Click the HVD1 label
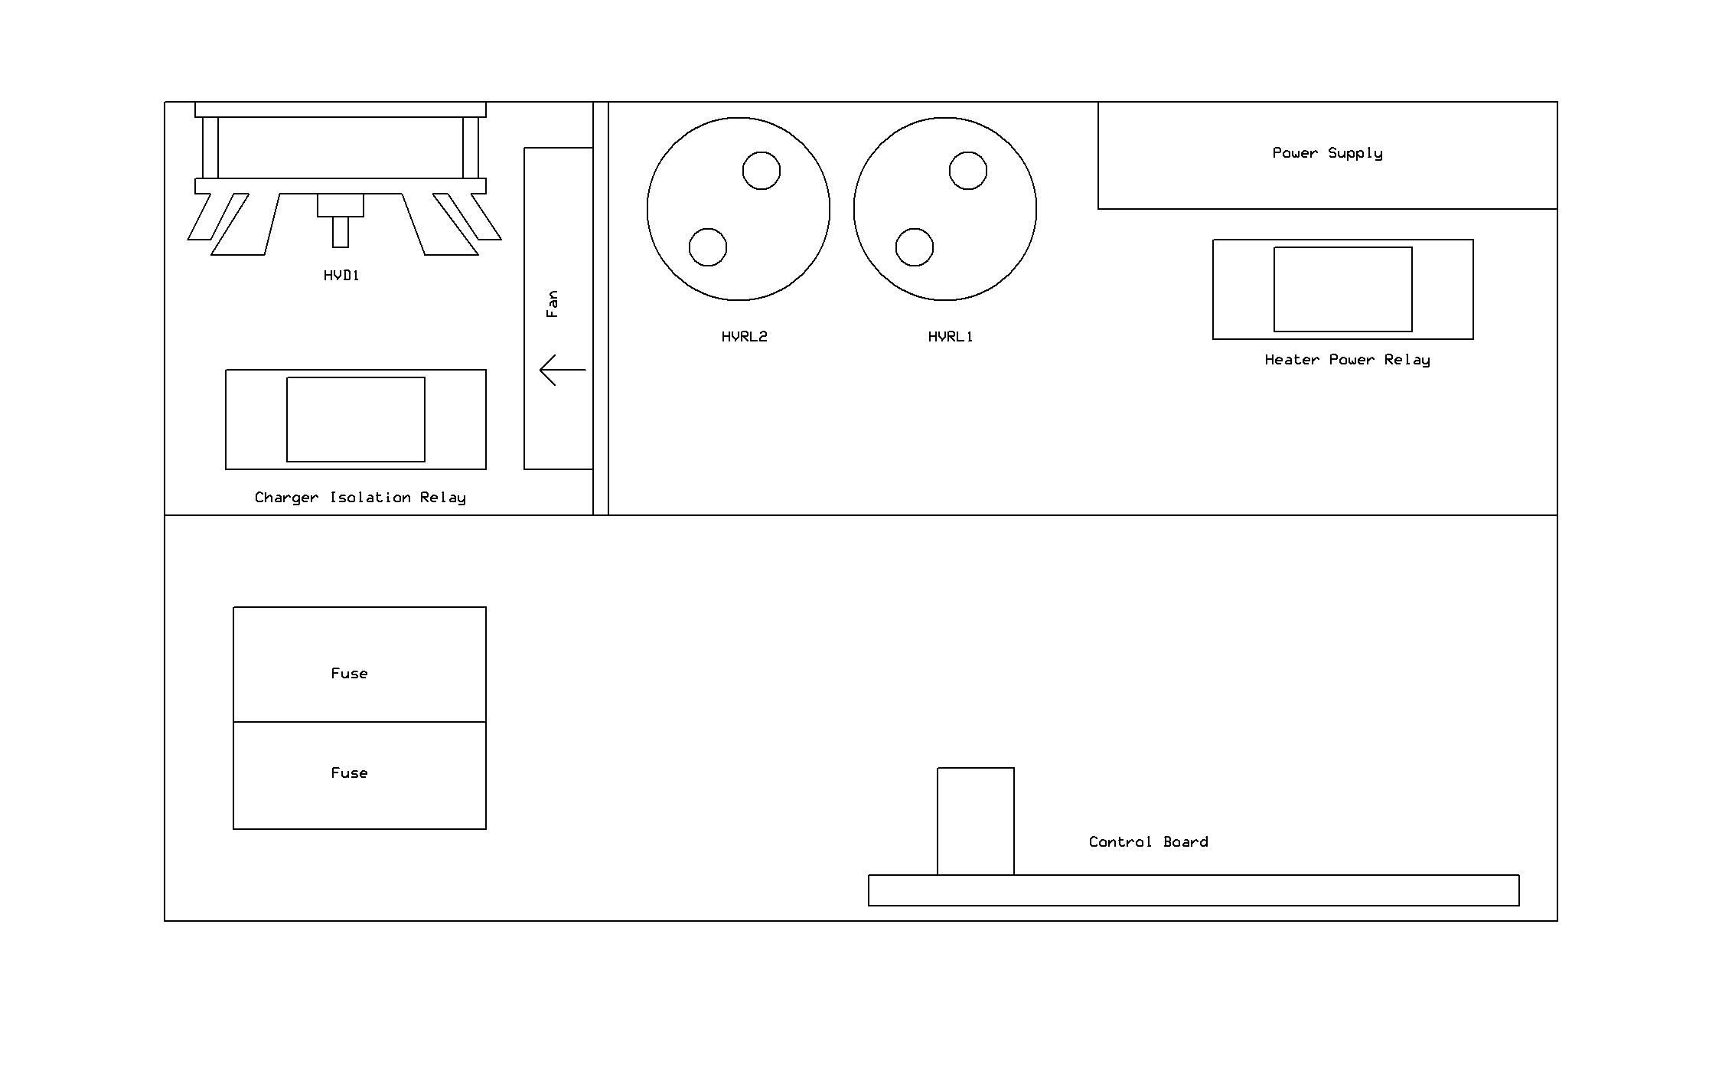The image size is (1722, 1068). pyautogui.click(x=341, y=276)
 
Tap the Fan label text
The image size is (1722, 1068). pyautogui.click(x=552, y=304)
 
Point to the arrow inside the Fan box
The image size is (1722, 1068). pyautogui.click(x=563, y=370)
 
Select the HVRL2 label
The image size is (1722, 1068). pyautogui.click(x=744, y=337)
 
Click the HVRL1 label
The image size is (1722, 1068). pyautogui.click(x=951, y=337)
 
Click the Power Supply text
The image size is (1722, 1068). pyautogui.click(x=1328, y=154)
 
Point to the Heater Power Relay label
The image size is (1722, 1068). pyautogui.click(x=1347, y=361)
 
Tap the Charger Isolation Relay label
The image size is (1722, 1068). pyautogui.click(x=360, y=498)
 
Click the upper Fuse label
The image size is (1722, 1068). pyautogui.click(x=349, y=674)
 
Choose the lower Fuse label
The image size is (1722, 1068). pyautogui.click(x=349, y=773)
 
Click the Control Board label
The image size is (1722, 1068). pyautogui.click(x=1148, y=842)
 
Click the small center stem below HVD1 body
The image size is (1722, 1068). pyautogui.click(x=341, y=232)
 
